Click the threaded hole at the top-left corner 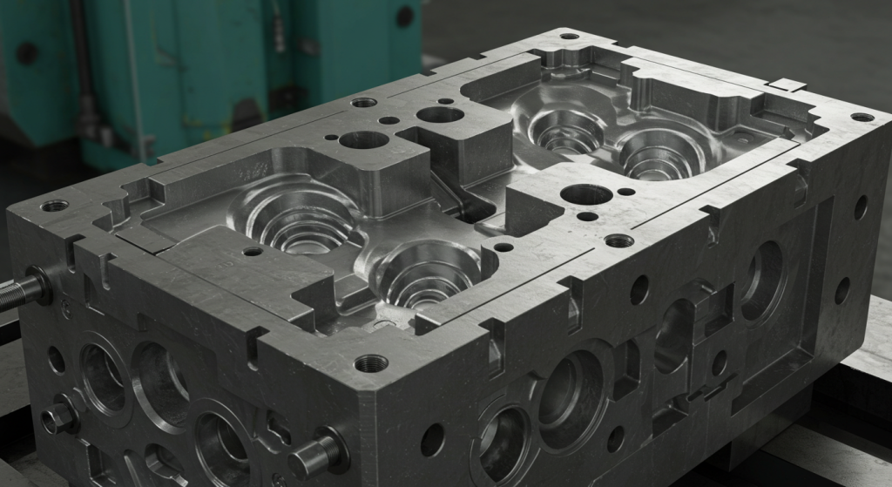click(54, 206)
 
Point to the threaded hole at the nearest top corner click(371, 362)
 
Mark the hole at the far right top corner click(862, 117)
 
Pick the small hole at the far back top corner click(569, 37)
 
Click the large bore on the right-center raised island click(585, 194)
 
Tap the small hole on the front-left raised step click(253, 252)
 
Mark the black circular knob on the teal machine click(405, 16)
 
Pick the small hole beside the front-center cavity click(503, 247)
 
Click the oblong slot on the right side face click(672, 335)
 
